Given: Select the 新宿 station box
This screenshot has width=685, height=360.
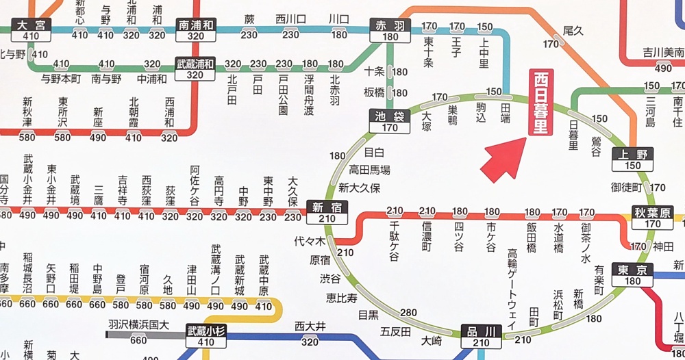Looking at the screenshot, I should click(x=327, y=213).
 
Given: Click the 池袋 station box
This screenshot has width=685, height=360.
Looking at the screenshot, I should click(x=390, y=121).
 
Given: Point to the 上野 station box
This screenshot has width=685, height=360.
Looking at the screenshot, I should click(x=632, y=159).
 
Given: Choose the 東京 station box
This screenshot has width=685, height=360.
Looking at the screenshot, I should click(x=632, y=274).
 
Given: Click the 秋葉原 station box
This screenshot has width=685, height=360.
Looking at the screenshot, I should click(x=653, y=217).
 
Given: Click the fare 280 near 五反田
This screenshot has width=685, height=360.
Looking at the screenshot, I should click(x=408, y=313).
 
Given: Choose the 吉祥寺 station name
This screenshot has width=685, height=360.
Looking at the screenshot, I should click(x=123, y=190).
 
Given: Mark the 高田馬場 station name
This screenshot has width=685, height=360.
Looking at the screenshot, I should click(x=370, y=170).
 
